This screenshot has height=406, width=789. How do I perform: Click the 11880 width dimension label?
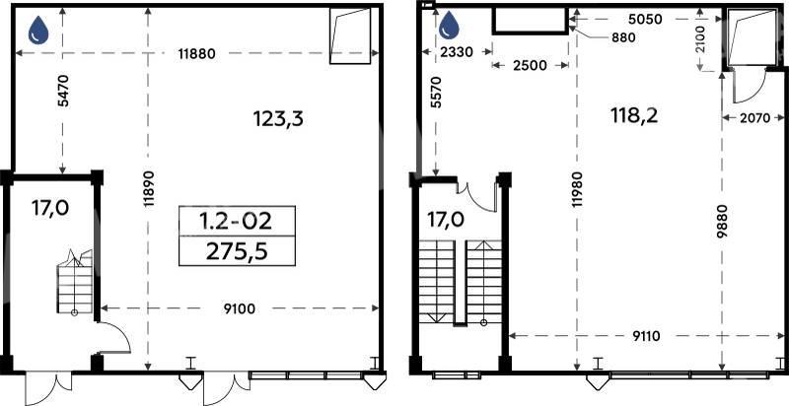click(x=196, y=54)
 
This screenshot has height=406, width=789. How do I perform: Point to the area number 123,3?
click(x=278, y=119)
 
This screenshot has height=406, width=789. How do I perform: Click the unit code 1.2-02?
click(x=237, y=221)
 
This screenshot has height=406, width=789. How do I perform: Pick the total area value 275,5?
click(x=237, y=250)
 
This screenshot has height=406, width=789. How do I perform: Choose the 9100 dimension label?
click(x=238, y=309)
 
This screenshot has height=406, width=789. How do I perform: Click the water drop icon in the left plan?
click(x=38, y=31)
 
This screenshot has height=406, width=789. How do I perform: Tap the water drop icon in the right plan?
click(x=450, y=26)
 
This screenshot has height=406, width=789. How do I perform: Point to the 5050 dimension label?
click(x=646, y=20)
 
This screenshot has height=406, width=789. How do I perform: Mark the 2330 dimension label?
click(x=457, y=52)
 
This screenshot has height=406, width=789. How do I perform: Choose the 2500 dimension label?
click(x=530, y=66)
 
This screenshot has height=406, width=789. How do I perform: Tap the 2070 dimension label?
click(x=753, y=118)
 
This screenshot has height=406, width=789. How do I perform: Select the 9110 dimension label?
click(x=643, y=336)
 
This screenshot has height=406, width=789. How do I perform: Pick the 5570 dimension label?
click(x=436, y=93)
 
